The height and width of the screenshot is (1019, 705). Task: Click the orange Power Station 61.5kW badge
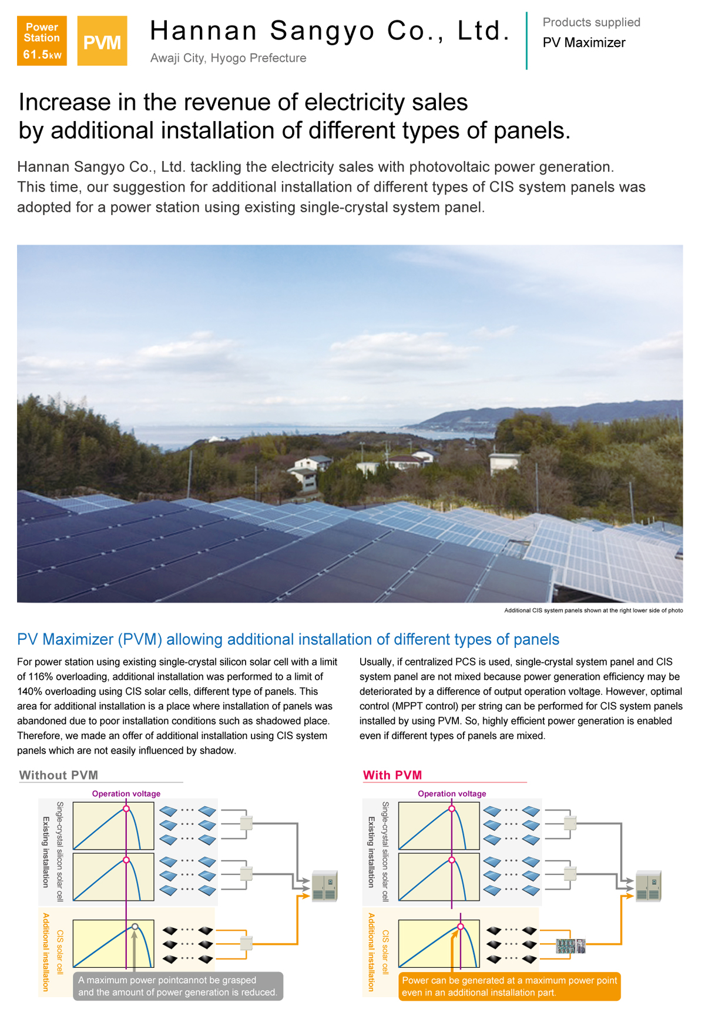pos(42,41)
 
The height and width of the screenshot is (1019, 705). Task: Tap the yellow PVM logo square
pos(102,41)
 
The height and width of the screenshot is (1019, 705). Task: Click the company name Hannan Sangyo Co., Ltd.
pos(329,31)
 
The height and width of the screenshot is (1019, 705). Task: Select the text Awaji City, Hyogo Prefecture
pos(228,58)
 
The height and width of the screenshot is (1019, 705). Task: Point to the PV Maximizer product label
pos(584,43)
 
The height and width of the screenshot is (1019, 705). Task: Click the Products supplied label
pos(591,22)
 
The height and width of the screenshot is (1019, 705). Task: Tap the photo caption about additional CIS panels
pos(593,610)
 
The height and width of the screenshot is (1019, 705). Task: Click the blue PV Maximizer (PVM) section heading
pos(288,639)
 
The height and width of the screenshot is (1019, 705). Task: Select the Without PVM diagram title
pos(59,775)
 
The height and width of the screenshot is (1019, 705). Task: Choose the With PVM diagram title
pos(392,775)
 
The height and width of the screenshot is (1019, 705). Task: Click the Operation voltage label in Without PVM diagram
pos(126,794)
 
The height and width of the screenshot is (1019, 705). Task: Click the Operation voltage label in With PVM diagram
pos(452,794)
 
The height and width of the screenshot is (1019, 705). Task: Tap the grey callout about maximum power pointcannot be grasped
pos(177,986)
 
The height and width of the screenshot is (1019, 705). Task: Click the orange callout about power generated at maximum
pos(509,986)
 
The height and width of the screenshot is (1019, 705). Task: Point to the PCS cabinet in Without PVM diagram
pos(324,886)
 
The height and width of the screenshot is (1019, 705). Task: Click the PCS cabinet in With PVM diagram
pos(649,886)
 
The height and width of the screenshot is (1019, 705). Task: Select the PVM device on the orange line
pos(570,946)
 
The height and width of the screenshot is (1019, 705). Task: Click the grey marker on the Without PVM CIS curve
pos(135,927)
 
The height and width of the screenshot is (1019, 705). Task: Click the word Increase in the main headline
pos(65,102)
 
